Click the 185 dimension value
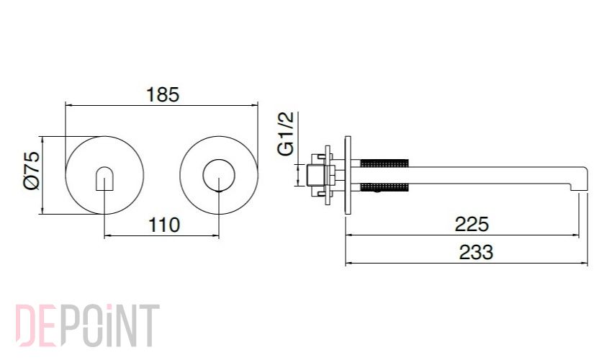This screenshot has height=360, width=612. click(163, 95)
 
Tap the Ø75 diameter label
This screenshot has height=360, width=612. click(32, 171)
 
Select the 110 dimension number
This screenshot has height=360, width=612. click(164, 225)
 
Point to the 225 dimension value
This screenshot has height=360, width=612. click(472, 224)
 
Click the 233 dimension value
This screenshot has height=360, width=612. click(476, 252)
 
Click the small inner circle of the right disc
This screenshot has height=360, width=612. click(219, 176)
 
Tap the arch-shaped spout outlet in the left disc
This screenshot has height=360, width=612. click(104, 179)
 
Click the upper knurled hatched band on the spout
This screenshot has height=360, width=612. click(384, 163)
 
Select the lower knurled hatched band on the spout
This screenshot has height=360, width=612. click(384, 187)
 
